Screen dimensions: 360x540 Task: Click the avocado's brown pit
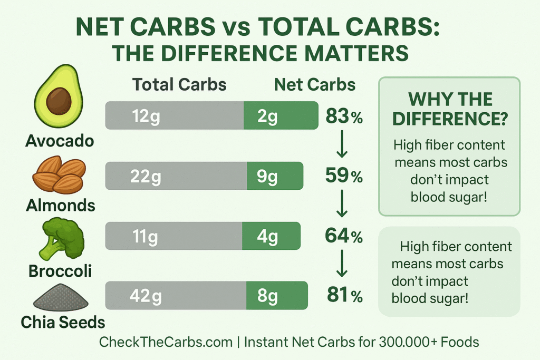[x=58, y=102]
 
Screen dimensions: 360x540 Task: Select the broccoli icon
[x=60, y=239]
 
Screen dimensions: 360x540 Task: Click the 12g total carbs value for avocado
[x=147, y=116]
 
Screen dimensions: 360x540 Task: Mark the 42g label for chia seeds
[x=146, y=296]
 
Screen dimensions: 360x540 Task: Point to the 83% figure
[x=344, y=116]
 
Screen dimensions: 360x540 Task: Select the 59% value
[x=344, y=177]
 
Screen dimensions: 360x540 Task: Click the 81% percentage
[x=344, y=296]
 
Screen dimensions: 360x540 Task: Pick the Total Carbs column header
[x=179, y=85]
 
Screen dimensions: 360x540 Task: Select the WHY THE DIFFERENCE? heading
[x=450, y=109]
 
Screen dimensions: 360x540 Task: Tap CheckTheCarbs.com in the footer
[x=166, y=342]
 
